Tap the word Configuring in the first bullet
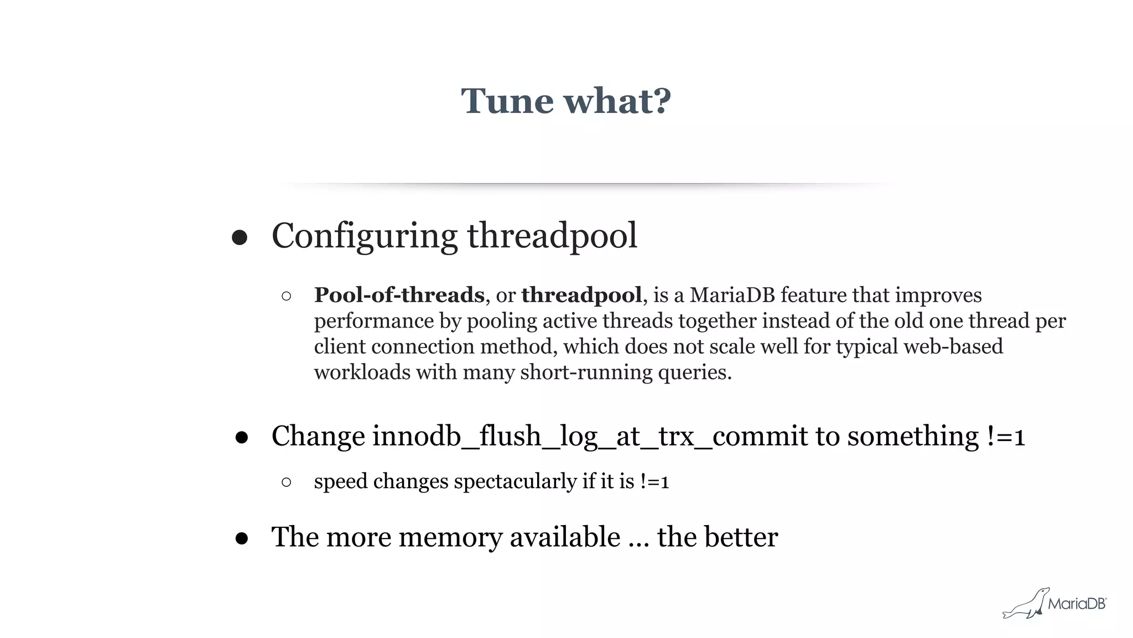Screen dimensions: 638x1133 coord(364,236)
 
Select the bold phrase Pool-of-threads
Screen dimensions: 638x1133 coord(399,295)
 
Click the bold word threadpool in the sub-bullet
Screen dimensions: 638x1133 coord(581,295)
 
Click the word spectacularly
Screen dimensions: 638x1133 coord(515,481)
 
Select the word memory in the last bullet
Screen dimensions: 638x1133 coord(449,537)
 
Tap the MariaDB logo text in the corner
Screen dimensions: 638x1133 coord(1077,604)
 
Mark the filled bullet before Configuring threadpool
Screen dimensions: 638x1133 coord(240,238)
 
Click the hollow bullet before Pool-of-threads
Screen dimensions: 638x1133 coord(286,296)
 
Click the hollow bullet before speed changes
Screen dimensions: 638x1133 coord(286,482)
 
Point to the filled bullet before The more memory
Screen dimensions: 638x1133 coord(241,538)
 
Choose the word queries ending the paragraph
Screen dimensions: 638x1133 coord(694,372)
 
